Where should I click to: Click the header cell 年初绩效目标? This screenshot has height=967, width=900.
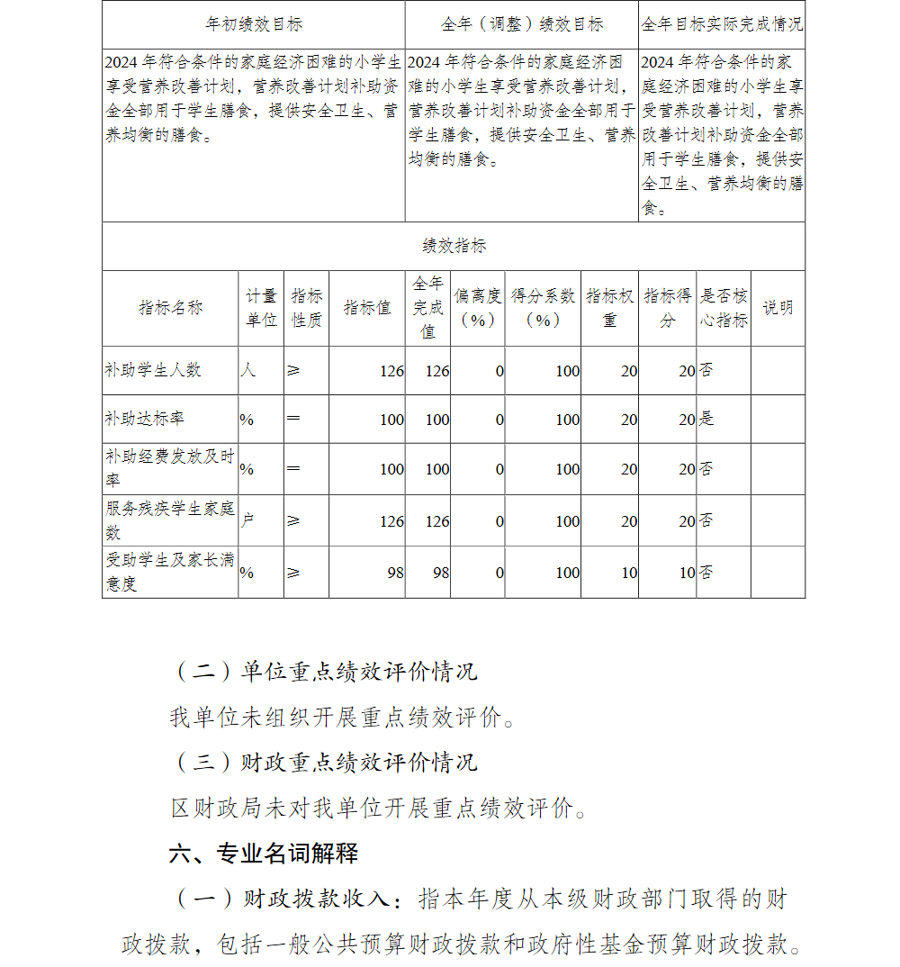pos(253,24)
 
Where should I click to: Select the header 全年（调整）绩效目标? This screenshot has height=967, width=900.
pos(522,24)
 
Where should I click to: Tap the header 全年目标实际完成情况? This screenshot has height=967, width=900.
pos(722,24)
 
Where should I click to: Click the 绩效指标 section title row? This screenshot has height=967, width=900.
pos(454,246)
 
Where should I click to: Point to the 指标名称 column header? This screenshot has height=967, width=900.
pos(170,308)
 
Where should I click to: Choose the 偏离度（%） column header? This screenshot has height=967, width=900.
pos(477,308)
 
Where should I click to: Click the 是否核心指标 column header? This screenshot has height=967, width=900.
pos(724,308)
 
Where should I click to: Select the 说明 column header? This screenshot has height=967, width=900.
pos(778,308)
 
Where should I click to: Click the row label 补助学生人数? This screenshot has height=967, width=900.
pos(153,370)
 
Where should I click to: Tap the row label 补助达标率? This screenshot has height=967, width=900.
pos(145,419)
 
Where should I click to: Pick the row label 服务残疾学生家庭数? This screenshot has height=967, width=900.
pos(170,520)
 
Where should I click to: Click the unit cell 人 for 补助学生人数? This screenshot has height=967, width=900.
pos(247,370)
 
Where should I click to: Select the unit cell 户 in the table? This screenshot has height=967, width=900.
pos(247,520)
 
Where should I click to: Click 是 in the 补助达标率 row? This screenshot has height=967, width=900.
pos(706,419)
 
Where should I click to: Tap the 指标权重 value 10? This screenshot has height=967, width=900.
pos(628,572)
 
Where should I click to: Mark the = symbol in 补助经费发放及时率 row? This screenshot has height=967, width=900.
pos(293,468)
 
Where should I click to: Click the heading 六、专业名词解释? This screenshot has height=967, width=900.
pos(263,853)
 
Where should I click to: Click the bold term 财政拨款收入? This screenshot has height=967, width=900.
pos(317,898)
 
